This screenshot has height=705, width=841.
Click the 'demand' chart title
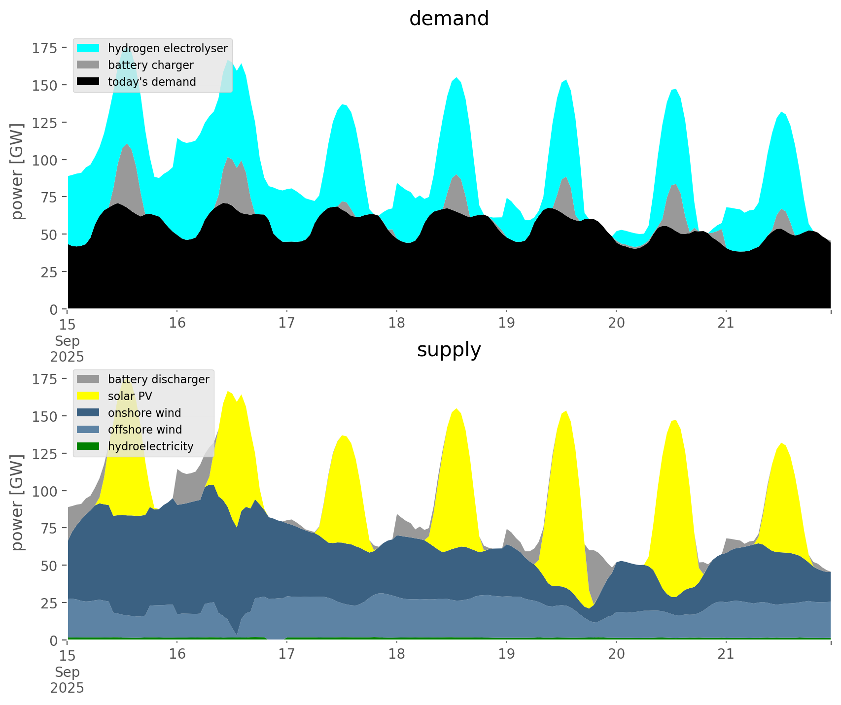click(449, 19)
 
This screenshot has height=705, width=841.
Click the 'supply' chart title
click(449, 350)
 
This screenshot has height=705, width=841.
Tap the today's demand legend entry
click(152, 82)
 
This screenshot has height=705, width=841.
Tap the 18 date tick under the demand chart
click(396, 323)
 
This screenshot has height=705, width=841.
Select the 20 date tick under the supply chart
click(616, 654)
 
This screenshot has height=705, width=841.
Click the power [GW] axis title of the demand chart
click(17, 171)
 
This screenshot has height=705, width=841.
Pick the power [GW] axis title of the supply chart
click(17, 503)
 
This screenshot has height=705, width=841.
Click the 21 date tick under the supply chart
click(726, 654)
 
